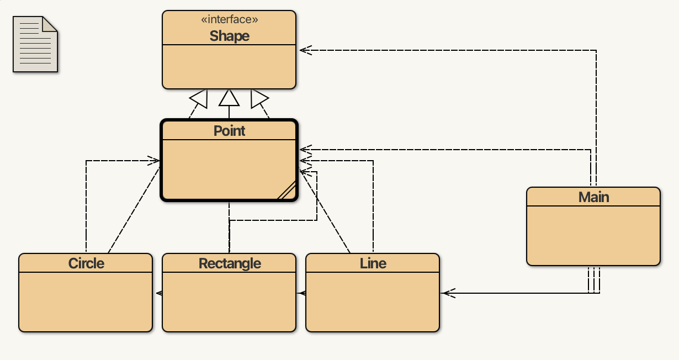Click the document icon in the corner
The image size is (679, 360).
(x=35, y=44)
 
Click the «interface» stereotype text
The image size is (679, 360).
(x=229, y=20)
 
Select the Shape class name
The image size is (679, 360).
(x=229, y=36)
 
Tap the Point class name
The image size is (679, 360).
(x=229, y=131)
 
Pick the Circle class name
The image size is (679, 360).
(x=86, y=263)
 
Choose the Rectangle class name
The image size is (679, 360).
(x=229, y=263)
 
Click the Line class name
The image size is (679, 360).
(x=373, y=263)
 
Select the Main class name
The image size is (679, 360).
(x=593, y=197)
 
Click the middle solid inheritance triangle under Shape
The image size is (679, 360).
(x=229, y=98)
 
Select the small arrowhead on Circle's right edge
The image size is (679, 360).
(x=158, y=293)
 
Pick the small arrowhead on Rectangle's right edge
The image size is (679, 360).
(x=302, y=293)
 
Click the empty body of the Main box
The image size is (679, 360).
(x=593, y=235)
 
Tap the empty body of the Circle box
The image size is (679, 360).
(x=86, y=301)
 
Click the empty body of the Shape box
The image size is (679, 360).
(x=229, y=66)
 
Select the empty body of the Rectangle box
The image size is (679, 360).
(x=229, y=301)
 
